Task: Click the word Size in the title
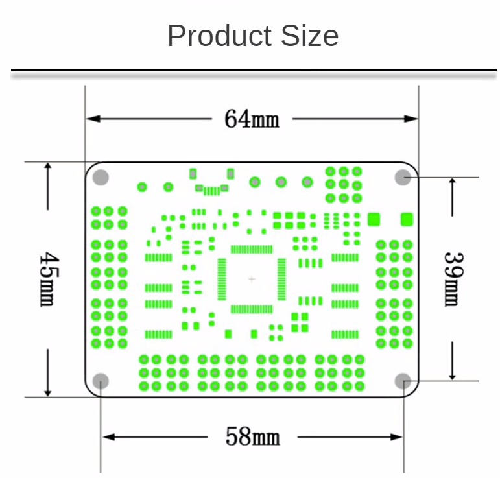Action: pos(309,36)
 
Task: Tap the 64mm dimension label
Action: pos(252,119)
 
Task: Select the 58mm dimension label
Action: pos(252,436)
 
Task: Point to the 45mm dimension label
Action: pos(49,280)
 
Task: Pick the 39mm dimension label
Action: pos(453,280)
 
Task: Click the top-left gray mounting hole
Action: pos(101,177)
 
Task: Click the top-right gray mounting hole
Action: pos(403,177)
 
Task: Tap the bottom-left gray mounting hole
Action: pos(101,381)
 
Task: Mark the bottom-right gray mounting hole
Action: pos(403,381)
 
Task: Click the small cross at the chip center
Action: pos(252,280)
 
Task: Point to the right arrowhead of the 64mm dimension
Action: pos(411,119)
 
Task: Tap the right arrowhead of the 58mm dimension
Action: pos(396,437)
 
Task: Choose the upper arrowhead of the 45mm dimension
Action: pos(48,167)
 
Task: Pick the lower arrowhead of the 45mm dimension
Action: pos(48,392)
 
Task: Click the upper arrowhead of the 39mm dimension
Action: pos(453,182)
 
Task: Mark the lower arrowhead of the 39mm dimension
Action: pos(453,376)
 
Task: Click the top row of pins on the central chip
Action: pos(252,249)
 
